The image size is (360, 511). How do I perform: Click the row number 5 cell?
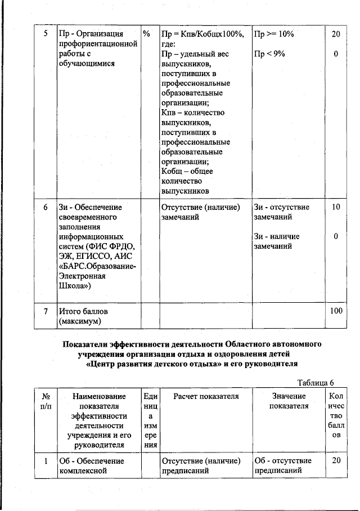coord(46,34)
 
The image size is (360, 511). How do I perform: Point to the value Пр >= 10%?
coord(273,34)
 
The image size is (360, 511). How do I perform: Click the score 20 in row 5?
coord(336,34)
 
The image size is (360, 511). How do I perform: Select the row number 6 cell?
coord(46,207)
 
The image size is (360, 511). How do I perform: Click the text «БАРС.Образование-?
coord(97,266)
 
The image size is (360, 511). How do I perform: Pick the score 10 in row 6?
coord(336,207)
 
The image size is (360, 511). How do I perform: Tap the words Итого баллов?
coord(83,311)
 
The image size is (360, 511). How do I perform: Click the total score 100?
coord(336,311)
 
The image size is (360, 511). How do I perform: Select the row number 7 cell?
coord(46,311)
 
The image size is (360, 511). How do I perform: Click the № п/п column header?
coord(46,401)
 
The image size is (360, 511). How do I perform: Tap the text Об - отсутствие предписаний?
coord(283,465)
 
